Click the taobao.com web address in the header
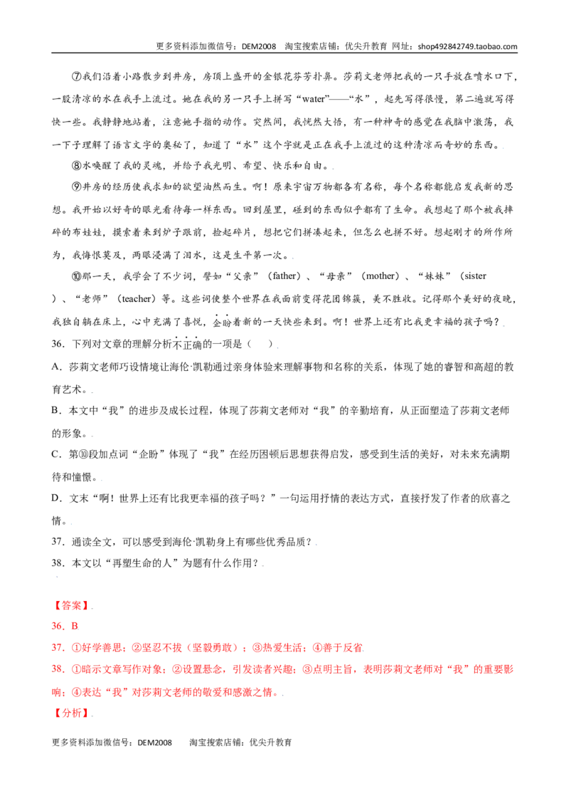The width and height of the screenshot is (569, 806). pos(467,46)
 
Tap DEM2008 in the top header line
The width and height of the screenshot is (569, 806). pos(259,46)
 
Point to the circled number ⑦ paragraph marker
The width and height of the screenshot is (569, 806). pos(77,77)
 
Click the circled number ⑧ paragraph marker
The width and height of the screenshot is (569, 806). pos(77,165)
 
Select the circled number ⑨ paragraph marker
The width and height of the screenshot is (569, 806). pos(77,187)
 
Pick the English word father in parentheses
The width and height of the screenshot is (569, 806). pos(285,276)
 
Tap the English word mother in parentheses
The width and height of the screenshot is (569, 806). pos(380,276)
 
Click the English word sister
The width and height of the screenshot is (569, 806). pos(475,276)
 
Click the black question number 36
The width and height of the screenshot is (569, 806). pos(58,343)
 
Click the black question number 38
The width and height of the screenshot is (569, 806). pos(58,563)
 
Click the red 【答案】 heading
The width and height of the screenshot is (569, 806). pos(71,605)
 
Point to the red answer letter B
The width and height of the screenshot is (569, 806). pos(75,626)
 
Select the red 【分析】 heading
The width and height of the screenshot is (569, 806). pos(71,713)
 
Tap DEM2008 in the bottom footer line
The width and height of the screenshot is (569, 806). pos(154,743)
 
